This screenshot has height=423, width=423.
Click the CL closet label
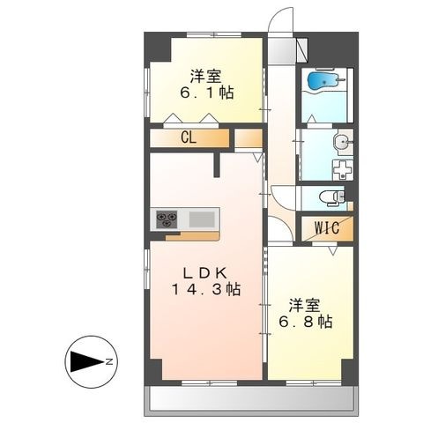coord(189,137)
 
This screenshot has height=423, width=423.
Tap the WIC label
coord(327,227)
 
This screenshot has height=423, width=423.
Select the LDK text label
coord(205,273)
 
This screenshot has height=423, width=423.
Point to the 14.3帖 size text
coord(206,290)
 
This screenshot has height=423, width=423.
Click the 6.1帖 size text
coord(207,93)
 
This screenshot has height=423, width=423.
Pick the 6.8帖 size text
coord(306,322)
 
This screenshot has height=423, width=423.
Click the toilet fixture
coord(332,197)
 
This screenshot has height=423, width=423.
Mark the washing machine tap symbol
coord(343,170)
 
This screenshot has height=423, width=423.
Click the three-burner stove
coord(167,219)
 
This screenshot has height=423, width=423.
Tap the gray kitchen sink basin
coord(202,219)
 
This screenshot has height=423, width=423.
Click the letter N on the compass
coord(109,362)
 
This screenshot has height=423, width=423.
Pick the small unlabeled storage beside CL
coord(249,138)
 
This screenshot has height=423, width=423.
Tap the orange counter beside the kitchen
coord(192,236)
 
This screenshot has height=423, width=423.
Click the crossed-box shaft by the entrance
coord(301,49)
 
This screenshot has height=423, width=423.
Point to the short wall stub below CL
coord(217,165)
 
